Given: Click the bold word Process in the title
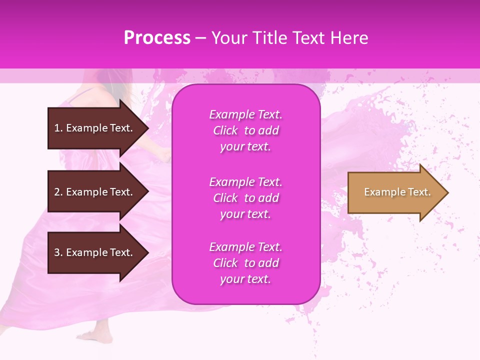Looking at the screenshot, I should tap(157, 38).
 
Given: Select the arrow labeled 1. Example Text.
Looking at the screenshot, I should tap(95, 128).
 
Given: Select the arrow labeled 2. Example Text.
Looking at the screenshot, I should tap(95, 192).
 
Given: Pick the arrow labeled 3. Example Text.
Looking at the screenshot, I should tap(95, 252).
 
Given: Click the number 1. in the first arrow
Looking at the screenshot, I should tap(58, 128).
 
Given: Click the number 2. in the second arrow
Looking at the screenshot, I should tap(58, 192).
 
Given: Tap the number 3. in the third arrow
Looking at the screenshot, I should tap(58, 252).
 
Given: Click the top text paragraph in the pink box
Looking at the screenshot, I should tap(245, 130).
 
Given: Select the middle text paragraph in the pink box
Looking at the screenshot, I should tap(245, 198).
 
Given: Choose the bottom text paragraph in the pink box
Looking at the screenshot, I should tap(245, 263).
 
